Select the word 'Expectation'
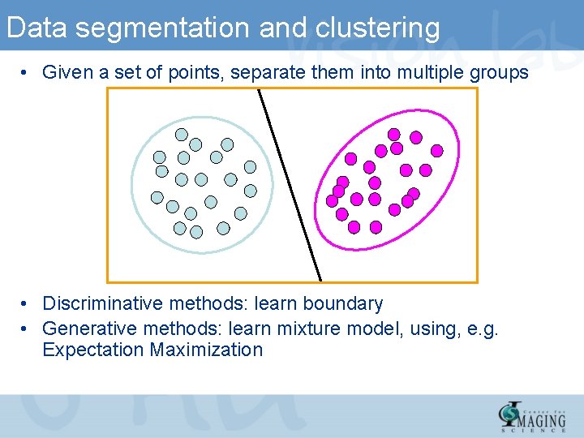[x=92, y=350]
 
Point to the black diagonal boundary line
[x=290, y=185]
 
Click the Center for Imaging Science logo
[x=532, y=415]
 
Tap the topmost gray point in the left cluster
[x=182, y=135]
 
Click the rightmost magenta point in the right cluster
[x=436, y=150]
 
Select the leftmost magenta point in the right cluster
[x=332, y=200]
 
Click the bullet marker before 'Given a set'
[x=27, y=73]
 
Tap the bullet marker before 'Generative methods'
[x=27, y=328]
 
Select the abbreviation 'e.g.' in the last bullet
[x=481, y=328]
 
